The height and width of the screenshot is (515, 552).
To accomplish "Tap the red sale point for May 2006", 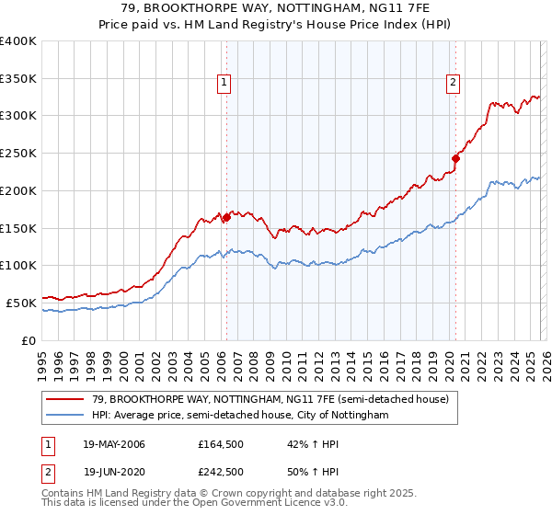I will click(x=226, y=217).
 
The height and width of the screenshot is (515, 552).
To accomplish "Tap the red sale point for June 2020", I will click(x=455, y=158).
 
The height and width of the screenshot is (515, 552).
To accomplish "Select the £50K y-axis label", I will click(x=21, y=303).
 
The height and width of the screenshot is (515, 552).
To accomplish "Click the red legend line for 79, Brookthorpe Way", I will click(x=65, y=400).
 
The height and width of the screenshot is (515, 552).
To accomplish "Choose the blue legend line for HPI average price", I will click(x=65, y=416).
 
